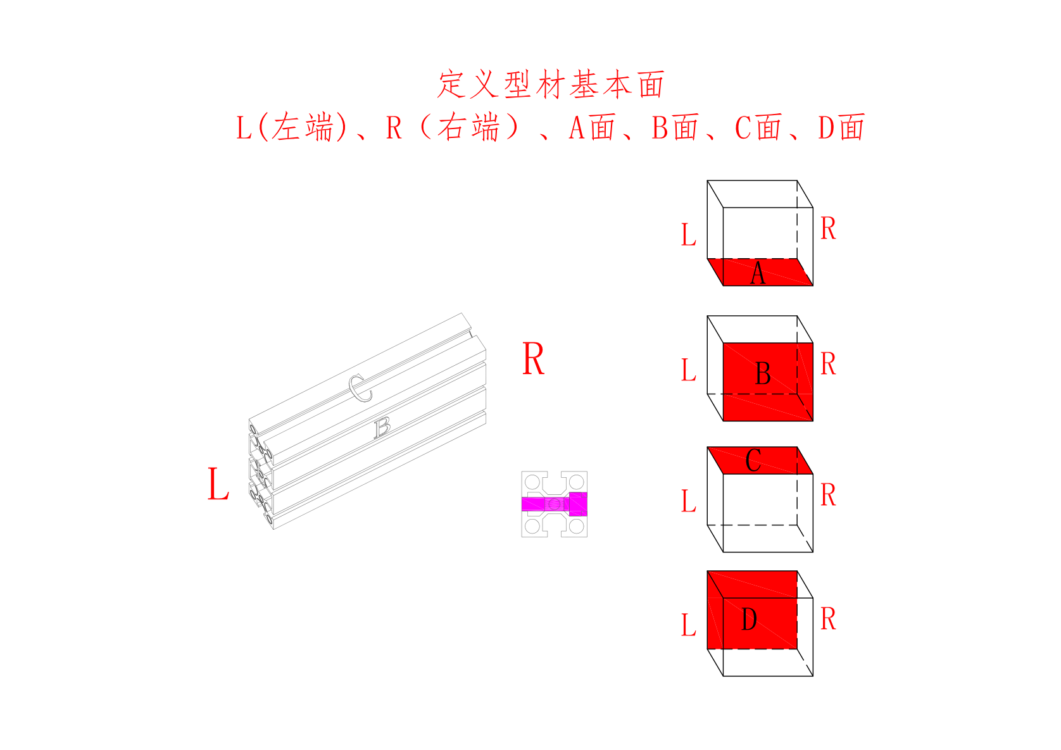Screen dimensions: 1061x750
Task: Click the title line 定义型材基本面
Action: click(x=551, y=84)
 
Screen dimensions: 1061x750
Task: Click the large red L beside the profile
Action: click(x=218, y=484)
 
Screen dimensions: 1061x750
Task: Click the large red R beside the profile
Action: click(x=533, y=358)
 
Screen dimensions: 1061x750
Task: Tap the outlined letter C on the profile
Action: click(x=360, y=388)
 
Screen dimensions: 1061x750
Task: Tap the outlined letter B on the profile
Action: click(x=382, y=428)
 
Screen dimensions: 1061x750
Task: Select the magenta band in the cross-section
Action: click(x=554, y=504)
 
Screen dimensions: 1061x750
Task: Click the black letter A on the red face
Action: click(x=758, y=273)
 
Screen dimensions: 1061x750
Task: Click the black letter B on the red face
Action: click(x=763, y=373)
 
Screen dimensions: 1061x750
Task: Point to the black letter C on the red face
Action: click(x=753, y=459)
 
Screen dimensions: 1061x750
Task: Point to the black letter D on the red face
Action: click(x=749, y=620)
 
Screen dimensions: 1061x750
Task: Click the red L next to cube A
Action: click(x=689, y=234)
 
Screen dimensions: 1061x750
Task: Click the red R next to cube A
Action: click(x=829, y=228)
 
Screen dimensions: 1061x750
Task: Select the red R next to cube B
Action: click(x=829, y=364)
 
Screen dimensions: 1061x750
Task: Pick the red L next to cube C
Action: click(x=689, y=501)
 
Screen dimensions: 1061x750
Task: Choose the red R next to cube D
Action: click(x=829, y=619)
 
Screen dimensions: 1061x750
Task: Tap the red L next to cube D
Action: click(x=689, y=625)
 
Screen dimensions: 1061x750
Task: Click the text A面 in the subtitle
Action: click(x=592, y=127)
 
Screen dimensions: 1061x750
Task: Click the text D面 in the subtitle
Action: click(x=841, y=127)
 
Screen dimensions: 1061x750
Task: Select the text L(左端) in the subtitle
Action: click(x=292, y=127)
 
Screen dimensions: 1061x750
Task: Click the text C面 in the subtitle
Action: click(x=758, y=127)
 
